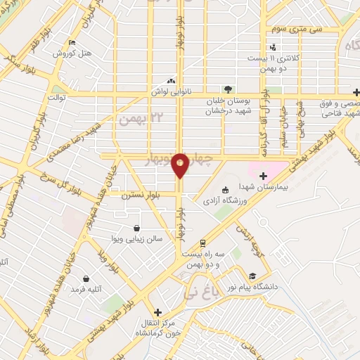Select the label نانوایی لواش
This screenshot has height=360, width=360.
click(x=172, y=92)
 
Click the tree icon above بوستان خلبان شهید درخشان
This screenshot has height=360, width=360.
click(x=227, y=89)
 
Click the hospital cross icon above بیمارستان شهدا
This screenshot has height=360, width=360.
click(x=264, y=176)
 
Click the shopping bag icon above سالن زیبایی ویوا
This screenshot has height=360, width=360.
click(x=137, y=228)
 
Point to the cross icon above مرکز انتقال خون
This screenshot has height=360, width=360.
click(x=157, y=312)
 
